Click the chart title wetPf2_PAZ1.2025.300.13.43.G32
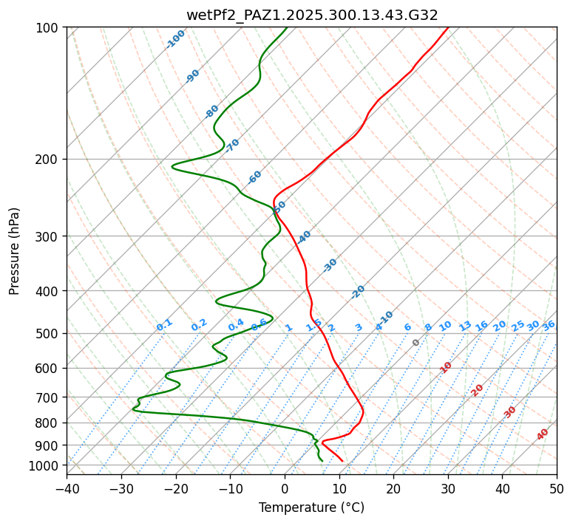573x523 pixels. tap(311, 15)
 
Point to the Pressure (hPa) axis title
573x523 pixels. tap(15, 251)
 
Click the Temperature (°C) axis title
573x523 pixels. tap(311, 508)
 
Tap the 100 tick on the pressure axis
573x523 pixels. tap(50, 28)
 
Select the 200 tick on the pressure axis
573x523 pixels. tap(50, 160)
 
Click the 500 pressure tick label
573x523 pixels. tap(50, 334)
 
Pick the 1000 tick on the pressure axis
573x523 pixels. tap(47, 465)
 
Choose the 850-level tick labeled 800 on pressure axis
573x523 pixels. tap(50, 423)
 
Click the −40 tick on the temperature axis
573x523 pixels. tap(67, 488)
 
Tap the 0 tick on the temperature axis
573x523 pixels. tap(285, 488)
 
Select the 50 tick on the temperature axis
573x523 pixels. tap(557, 488)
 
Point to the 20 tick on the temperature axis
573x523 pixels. tap(393, 488)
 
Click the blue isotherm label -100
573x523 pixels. tap(175, 39)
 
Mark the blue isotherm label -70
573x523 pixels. tap(232, 146)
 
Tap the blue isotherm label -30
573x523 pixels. tap(330, 265)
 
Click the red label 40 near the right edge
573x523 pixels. tap(543, 434)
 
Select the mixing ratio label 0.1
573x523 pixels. tap(164, 325)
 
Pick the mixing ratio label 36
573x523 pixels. tap(549, 326)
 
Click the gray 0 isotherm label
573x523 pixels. tap(416, 343)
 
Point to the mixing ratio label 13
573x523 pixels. tap(465, 326)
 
